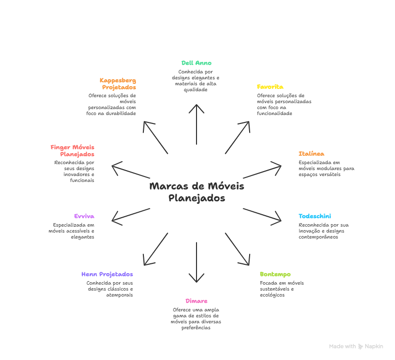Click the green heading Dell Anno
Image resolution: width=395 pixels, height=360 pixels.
pyautogui.click(x=197, y=63)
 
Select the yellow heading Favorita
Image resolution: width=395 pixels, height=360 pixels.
pyautogui.click(x=270, y=87)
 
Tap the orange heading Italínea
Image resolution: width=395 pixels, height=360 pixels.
pyautogui.click(x=311, y=154)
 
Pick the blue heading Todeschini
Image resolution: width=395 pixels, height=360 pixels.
pyautogui.click(x=315, y=216)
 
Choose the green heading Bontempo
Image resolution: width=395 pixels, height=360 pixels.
pyautogui.click(x=275, y=274)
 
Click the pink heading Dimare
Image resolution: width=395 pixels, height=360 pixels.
pyautogui.click(x=197, y=301)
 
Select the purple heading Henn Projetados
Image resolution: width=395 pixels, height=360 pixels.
pyautogui.click(x=107, y=274)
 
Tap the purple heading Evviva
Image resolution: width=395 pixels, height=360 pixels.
pyautogui.click(x=84, y=216)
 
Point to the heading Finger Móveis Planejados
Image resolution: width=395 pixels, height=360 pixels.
pyautogui.click(x=72, y=151)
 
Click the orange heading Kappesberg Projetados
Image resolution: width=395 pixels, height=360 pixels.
pyautogui.click(x=118, y=83)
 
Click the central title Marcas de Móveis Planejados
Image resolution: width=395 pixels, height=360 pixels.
pyautogui.click(x=197, y=192)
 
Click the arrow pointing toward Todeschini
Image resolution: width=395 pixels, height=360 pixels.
pyautogui.click(x=262, y=214)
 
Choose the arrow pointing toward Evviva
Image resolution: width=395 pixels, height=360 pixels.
pyautogui.click(x=131, y=214)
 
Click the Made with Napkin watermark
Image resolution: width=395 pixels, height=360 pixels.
pyautogui.click(x=356, y=346)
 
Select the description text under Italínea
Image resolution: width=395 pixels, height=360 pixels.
pyautogui.click(x=326, y=168)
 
